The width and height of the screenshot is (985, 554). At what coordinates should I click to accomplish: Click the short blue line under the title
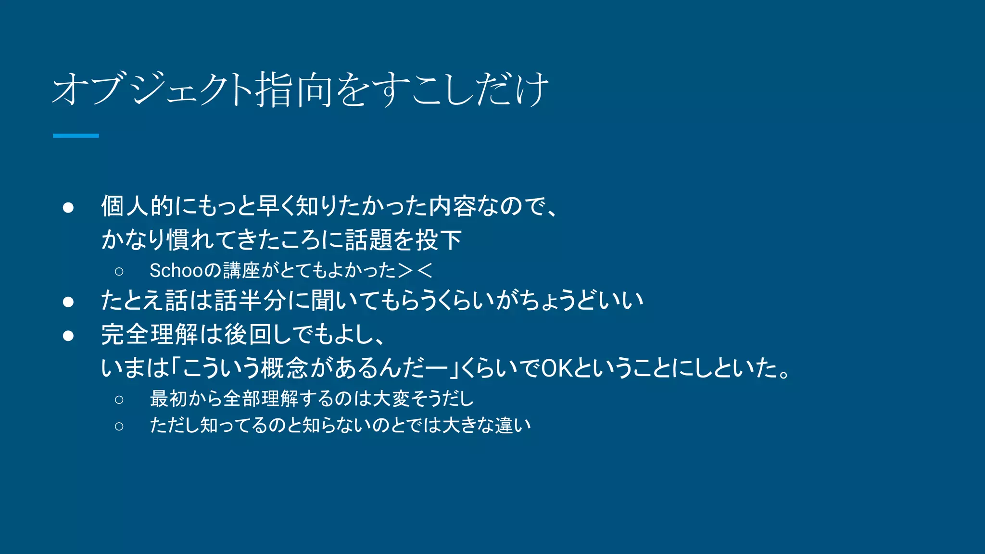[x=76, y=136]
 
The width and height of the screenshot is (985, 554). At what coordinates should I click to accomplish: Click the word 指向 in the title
[x=294, y=89]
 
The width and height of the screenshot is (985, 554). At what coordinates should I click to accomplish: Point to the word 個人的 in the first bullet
[x=137, y=206]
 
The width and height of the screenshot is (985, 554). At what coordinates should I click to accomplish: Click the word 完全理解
[x=150, y=334]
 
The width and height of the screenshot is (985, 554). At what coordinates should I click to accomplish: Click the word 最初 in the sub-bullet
[x=168, y=399]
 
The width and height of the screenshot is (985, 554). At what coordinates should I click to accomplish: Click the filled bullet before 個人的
[x=68, y=207]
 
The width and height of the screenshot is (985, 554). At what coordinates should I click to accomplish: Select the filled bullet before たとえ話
[x=68, y=302]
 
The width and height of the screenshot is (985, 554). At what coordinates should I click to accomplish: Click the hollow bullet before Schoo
[x=119, y=272]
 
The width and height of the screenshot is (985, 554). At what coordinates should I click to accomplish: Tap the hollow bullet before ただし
[x=119, y=426]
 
